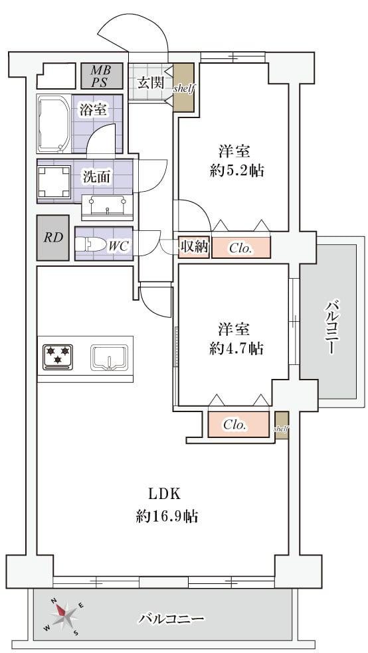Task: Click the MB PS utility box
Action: [102, 76]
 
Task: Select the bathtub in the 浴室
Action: [54, 124]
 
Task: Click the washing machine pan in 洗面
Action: [54, 181]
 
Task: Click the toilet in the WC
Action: [90, 245]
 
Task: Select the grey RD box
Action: [53, 238]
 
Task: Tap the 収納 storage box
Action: [194, 247]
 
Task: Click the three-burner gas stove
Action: [58, 357]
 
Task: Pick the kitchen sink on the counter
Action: [109, 358]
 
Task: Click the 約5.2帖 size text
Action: [236, 171]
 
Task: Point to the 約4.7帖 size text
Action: [236, 348]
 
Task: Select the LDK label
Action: [164, 494]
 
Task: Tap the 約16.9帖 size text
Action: [167, 517]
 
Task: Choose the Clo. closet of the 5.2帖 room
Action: [241, 248]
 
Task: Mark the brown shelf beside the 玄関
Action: [184, 88]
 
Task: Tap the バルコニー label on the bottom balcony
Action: [171, 618]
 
